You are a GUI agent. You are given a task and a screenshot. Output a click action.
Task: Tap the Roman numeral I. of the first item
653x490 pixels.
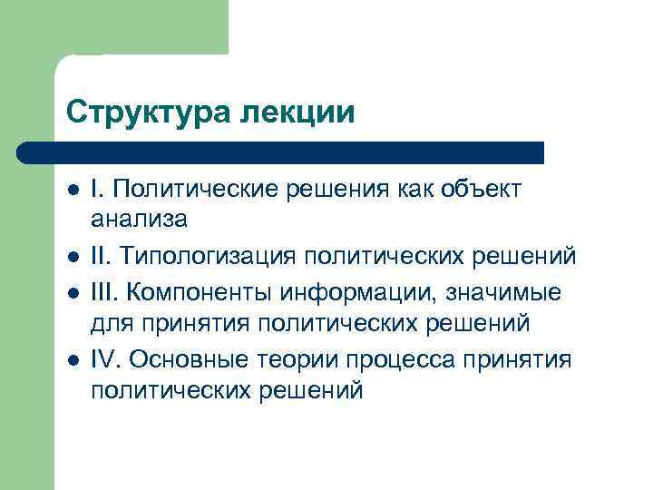click(97, 189)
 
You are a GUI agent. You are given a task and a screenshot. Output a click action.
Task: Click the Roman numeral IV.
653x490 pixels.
click(106, 359)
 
